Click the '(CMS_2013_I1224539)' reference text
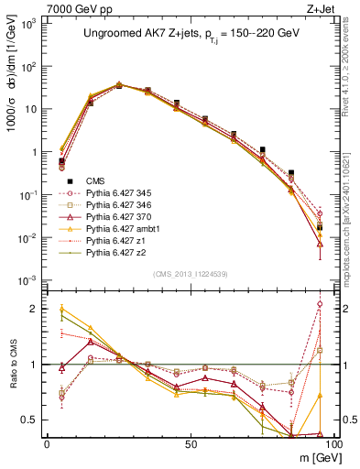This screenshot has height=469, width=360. (x=190, y=274)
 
